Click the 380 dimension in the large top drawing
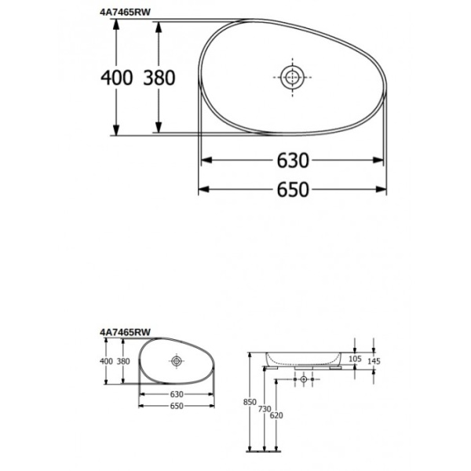pos(159,77)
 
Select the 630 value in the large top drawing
pos(292,161)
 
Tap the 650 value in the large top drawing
pos(292,189)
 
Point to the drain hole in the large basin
pos(292,77)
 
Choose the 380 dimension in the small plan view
pos(123,361)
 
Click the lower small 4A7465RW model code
pos(126,333)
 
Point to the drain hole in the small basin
pos(176,361)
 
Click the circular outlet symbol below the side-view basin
pos(304,380)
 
